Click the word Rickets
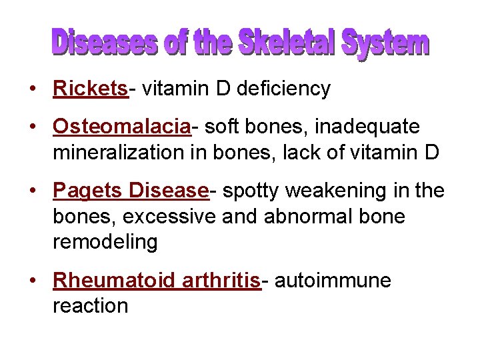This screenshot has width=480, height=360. (89, 89)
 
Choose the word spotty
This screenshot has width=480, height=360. (251, 191)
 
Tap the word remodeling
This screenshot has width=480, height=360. (105, 242)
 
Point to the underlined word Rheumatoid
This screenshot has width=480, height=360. (114, 281)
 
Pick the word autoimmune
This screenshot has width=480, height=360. (333, 281)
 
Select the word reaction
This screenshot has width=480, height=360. (90, 306)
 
